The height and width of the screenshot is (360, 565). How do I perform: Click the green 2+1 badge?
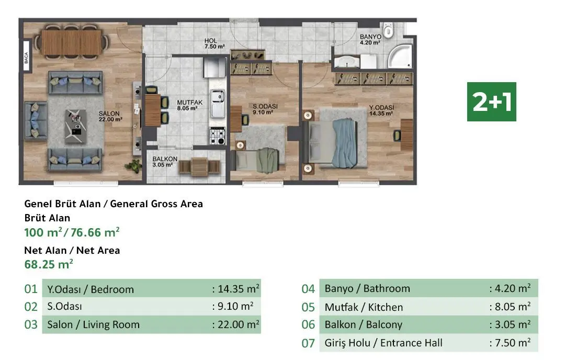491,102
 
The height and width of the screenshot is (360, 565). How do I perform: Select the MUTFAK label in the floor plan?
186,105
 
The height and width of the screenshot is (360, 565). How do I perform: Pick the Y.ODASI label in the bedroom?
381,110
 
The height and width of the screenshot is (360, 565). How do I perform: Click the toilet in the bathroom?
388,31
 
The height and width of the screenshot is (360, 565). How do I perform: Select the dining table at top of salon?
72,39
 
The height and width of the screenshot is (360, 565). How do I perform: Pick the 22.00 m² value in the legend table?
236,324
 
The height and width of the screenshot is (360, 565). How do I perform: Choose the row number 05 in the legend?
308,307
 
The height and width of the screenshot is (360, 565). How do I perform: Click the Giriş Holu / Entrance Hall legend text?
383,343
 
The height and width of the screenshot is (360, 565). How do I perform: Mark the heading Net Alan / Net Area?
72,250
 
